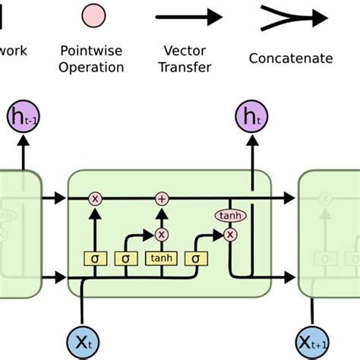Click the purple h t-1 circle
point(24,118)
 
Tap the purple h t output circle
point(251,118)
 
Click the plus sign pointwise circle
point(161,198)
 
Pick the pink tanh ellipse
point(229,216)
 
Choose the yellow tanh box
point(161,259)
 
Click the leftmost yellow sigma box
point(95,259)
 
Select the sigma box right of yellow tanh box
point(196,259)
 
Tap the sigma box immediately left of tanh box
point(126,259)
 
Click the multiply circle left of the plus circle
point(95,198)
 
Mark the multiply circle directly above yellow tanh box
point(161,235)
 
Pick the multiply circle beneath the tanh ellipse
point(229,235)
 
